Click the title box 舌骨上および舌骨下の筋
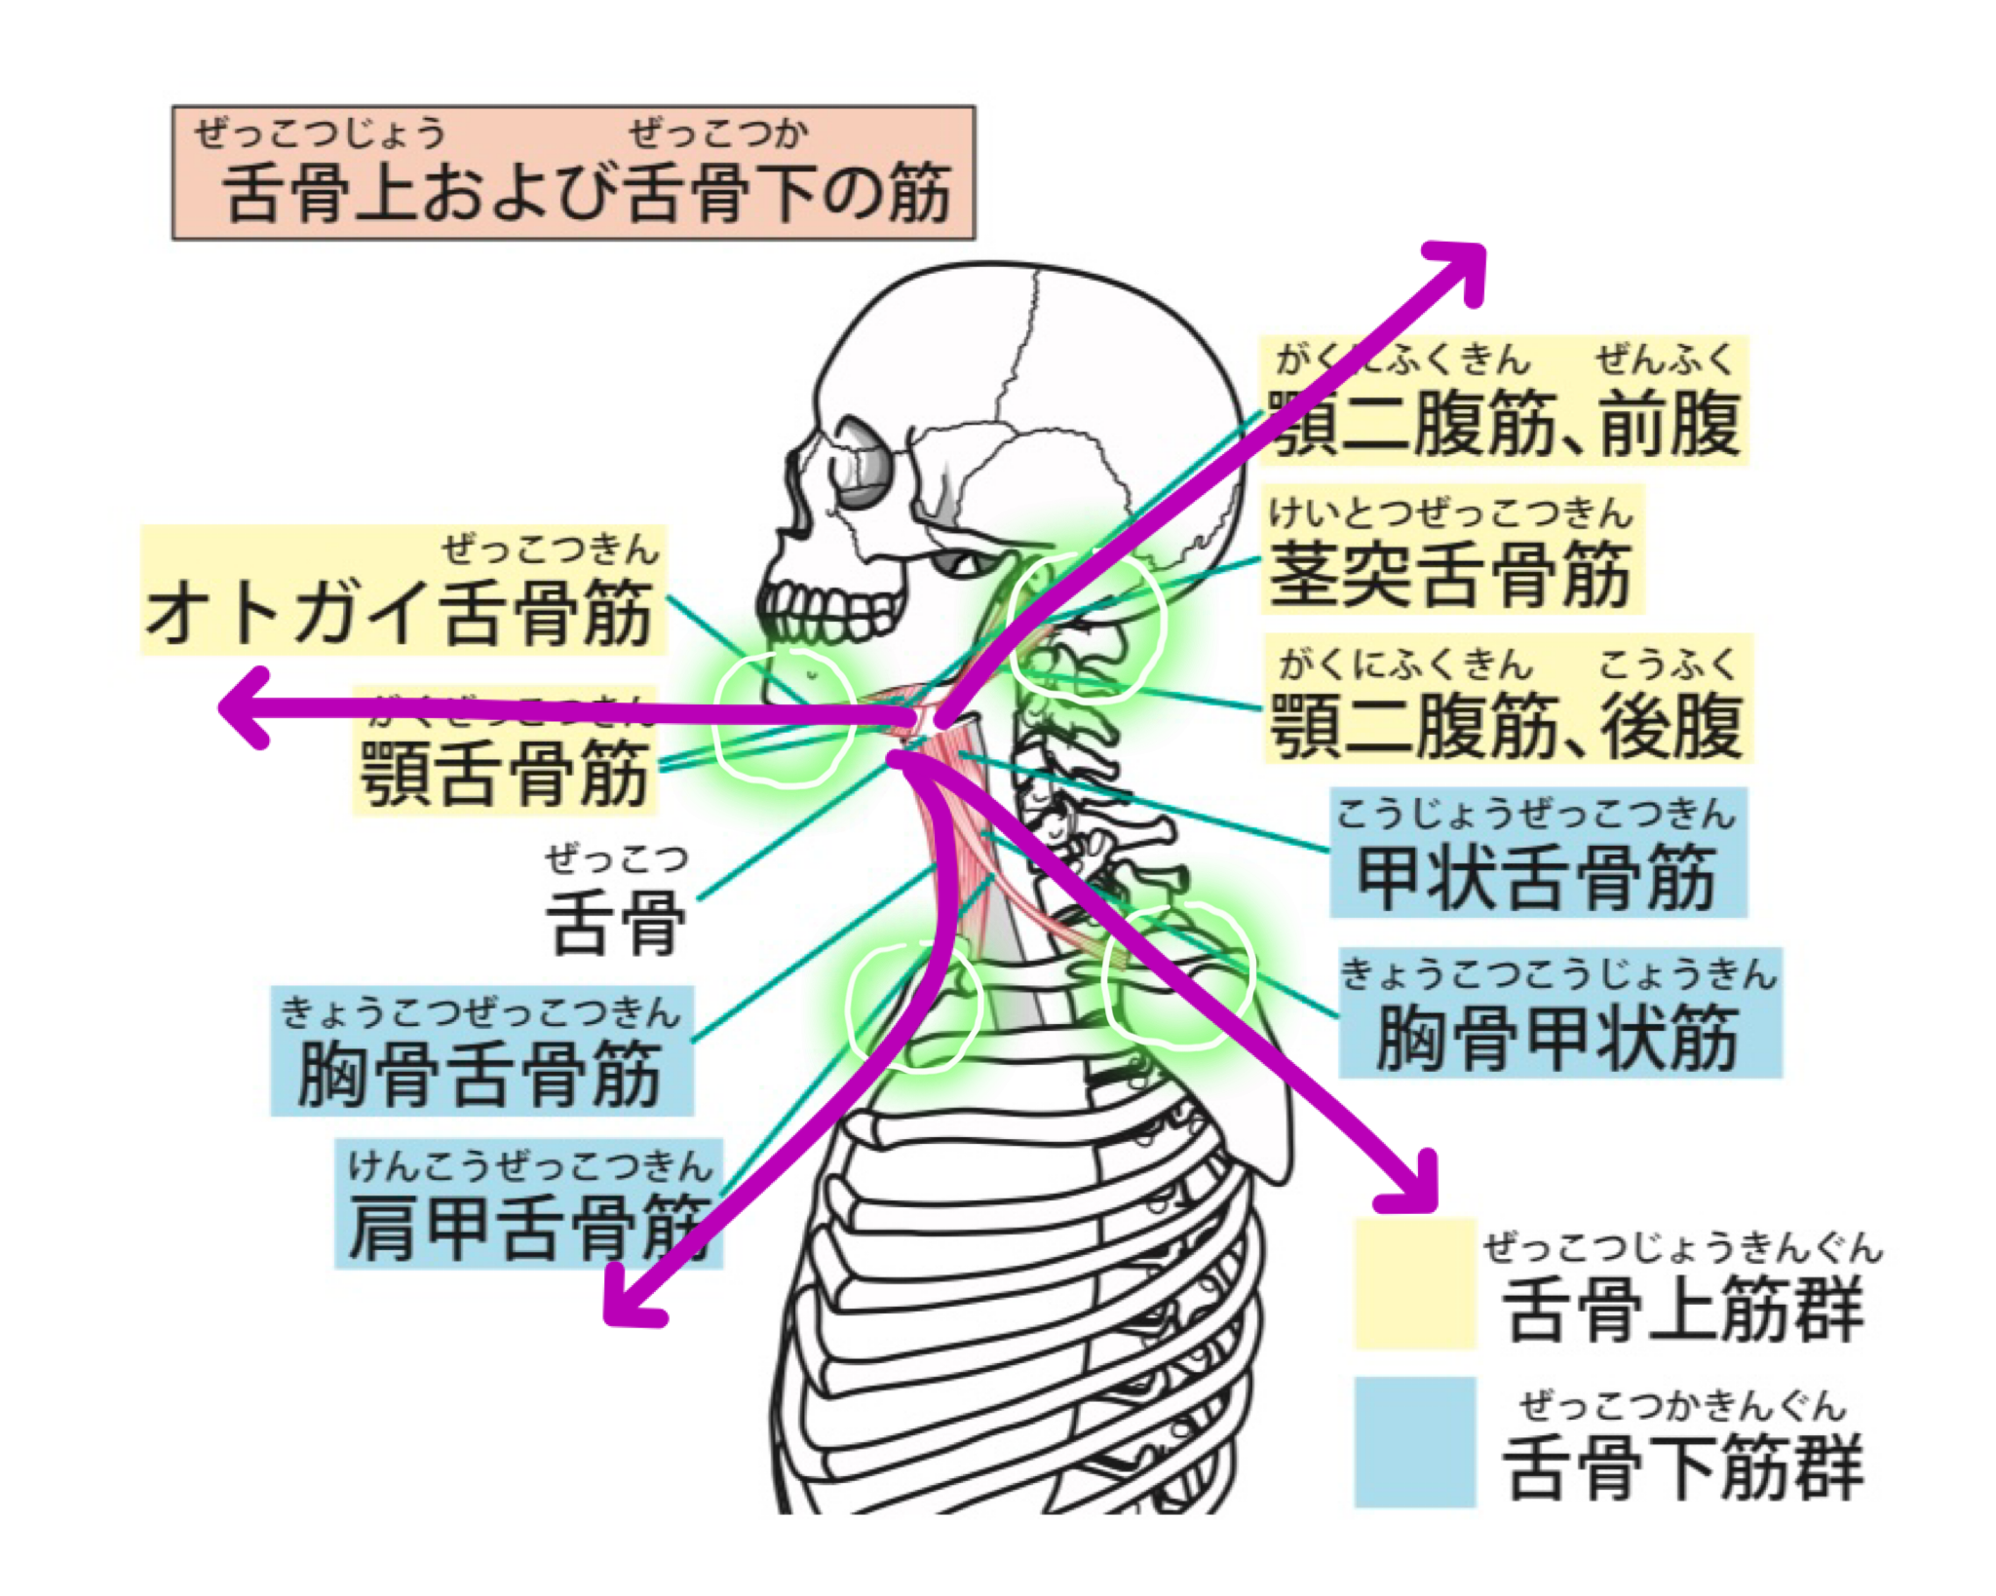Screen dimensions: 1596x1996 point(573,172)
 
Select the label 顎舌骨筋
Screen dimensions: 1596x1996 point(504,770)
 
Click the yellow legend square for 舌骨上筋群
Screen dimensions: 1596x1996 point(1414,1283)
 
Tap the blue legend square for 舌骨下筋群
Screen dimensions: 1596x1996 point(1414,1441)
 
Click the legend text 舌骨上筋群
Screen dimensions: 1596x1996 point(1682,1309)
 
